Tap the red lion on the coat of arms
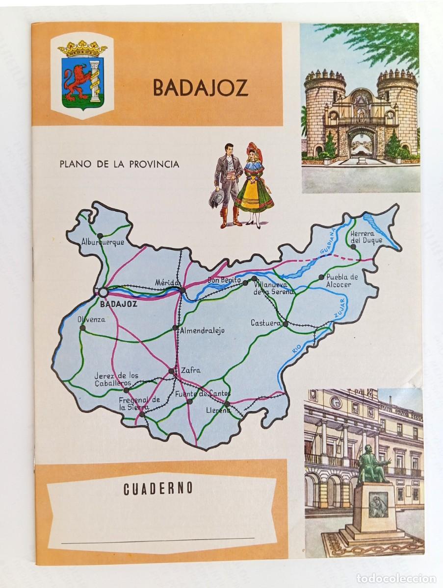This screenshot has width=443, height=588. pos(80,80)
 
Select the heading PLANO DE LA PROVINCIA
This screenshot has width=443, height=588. pos(119,163)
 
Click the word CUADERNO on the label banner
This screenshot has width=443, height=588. pos(151,488)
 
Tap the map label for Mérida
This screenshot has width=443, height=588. pos(165,283)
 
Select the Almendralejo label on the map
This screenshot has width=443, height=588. pos(202,331)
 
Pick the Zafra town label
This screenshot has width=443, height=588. pos(191,370)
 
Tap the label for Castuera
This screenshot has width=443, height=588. pos(265,323)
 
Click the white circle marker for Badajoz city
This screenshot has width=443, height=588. pos(103,292)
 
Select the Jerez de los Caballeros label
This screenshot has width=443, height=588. pos(117,379)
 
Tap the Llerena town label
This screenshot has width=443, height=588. pos(218,411)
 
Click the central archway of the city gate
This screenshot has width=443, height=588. pos(361,142)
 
